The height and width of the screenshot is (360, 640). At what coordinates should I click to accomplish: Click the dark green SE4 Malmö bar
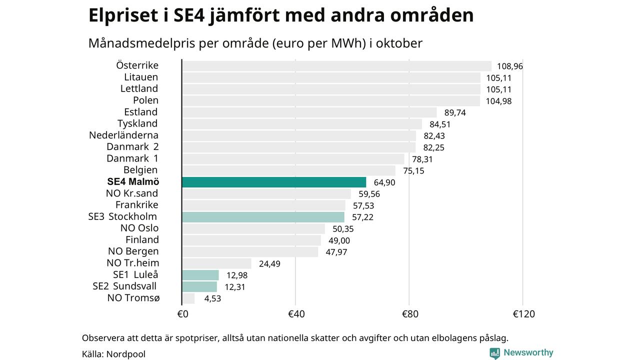click(274, 182)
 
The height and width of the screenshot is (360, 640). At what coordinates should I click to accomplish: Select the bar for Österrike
click(336, 66)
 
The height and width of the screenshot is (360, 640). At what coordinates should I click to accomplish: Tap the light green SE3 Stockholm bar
click(263, 217)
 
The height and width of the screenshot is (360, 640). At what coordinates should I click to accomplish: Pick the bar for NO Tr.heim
click(216, 263)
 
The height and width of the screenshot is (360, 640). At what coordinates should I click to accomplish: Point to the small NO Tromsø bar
click(188, 298)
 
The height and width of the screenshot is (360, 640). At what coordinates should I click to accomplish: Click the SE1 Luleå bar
click(200, 275)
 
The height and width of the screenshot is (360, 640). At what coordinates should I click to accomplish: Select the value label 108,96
click(509, 66)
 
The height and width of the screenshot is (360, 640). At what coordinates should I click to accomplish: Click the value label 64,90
click(384, 182)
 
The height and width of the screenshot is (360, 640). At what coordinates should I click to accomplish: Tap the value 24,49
click(269, 263)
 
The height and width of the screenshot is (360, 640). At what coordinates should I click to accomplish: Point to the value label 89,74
click(454, 112)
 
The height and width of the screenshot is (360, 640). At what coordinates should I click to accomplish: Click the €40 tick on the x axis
click(296, 314)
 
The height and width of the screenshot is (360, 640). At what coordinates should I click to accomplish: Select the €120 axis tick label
click(523, 314)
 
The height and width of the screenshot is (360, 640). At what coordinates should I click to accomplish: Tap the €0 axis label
click(182, 314)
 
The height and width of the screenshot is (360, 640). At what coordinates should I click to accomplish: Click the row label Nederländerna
click(123, 135)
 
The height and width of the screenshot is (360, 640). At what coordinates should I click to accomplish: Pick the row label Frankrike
click(136, 205)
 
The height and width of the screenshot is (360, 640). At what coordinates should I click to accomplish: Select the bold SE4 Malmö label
click(133, 182)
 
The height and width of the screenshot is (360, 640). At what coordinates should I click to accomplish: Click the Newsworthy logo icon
click(494, 353)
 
